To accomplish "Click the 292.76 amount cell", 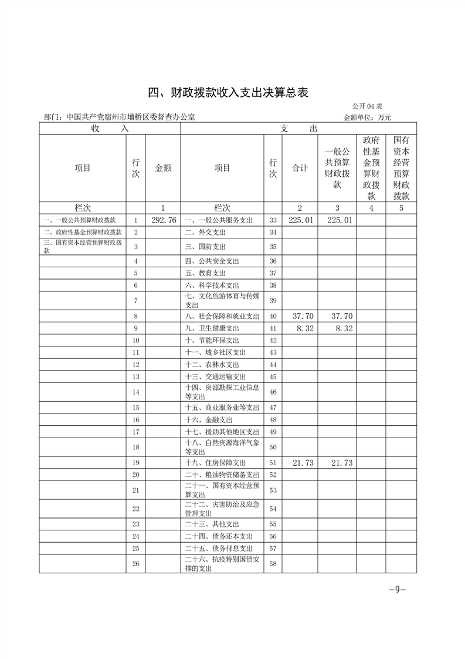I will click(x=164, y=220).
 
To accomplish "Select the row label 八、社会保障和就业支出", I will click(x=222, y=316).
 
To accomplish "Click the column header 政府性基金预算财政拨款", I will click(x=371, y=168).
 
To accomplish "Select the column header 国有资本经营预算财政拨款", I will click(x=401, y=168).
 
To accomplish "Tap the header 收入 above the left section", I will click(x=110, y=129).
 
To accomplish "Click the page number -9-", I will click(x=398, y=590).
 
